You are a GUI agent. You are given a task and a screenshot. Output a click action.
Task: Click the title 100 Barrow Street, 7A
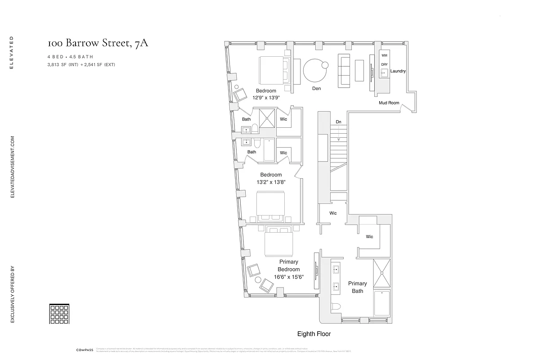98,43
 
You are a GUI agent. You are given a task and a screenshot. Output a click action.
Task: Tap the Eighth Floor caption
314,334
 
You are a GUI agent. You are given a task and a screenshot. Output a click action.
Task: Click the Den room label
317,89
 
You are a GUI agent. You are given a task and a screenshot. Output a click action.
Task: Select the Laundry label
398,71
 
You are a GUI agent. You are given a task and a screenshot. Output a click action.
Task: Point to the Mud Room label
389,103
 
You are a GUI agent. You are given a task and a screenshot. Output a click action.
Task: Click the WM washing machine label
384,55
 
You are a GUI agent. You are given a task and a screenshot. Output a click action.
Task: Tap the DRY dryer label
384,64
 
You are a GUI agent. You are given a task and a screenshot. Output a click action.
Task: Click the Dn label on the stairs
338,122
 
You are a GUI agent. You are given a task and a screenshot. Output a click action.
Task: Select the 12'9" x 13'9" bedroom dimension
266,98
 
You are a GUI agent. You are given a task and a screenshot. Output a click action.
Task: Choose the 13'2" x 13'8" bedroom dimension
271,182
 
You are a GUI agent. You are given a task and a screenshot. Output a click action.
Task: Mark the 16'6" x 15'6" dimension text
289,277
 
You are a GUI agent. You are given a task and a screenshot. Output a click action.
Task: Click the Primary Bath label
357,287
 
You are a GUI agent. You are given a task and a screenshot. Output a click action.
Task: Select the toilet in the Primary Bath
336,307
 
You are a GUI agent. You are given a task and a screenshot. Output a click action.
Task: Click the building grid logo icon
58,314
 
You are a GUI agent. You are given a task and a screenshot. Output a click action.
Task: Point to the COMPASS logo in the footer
85,350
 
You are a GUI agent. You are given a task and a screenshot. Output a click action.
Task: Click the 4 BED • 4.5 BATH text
71,57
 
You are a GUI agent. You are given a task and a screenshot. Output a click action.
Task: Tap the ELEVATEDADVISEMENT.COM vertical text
13,167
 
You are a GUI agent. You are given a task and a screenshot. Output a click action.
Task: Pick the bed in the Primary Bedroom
279,242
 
